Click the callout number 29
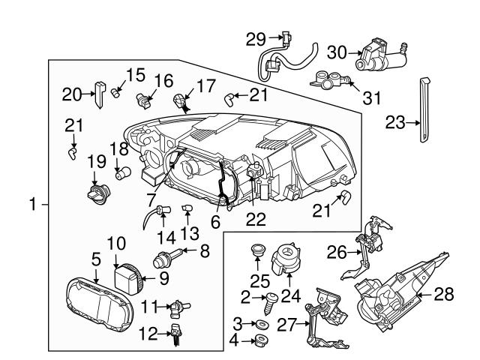tap(256, 38)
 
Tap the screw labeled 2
tap(269, 302)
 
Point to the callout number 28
tap(444, 295)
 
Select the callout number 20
tap(70, 94)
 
